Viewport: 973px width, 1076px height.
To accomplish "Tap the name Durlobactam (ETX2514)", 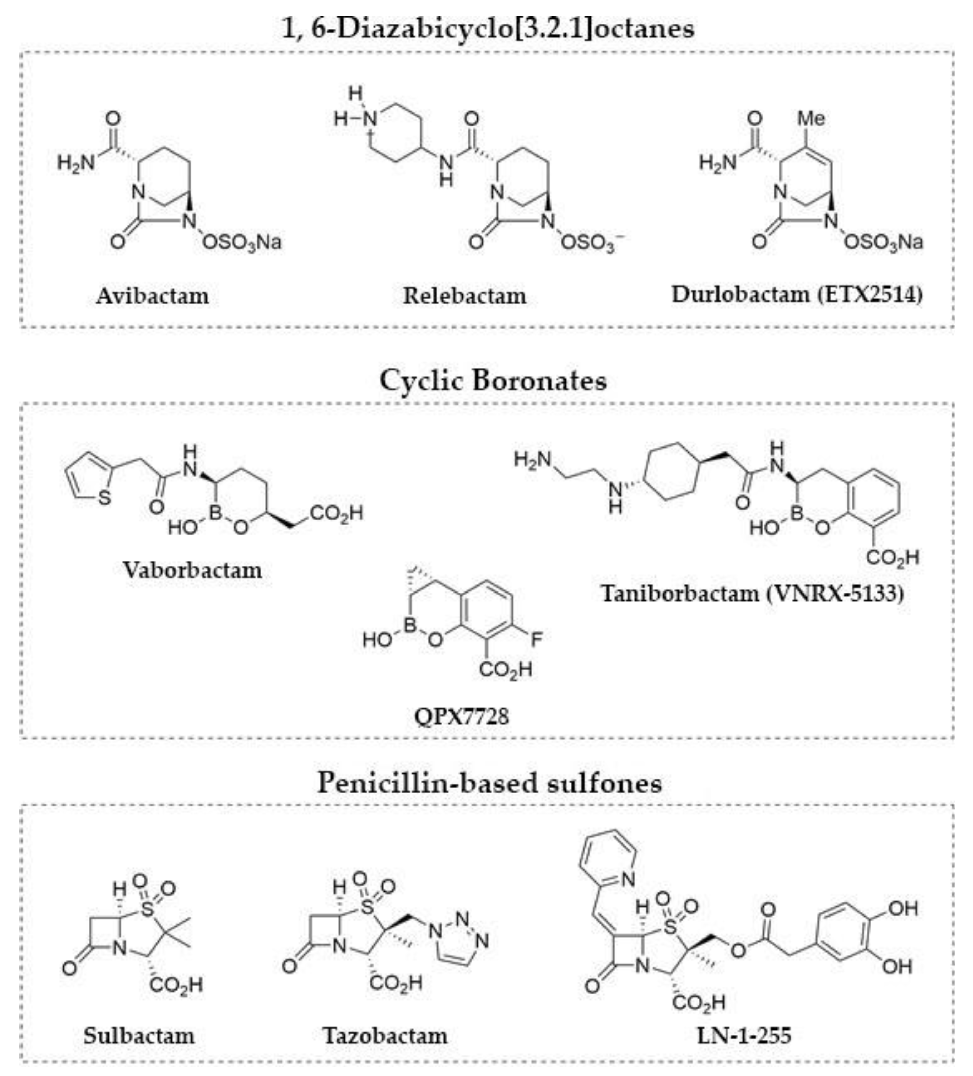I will click(x=797, y=294).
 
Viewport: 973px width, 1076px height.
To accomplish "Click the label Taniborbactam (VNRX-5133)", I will click(x=753, y=593).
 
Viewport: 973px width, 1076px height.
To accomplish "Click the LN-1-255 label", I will click(x=744, y=1036).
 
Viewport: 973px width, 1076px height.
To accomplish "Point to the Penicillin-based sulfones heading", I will click(x=489, y=783).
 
